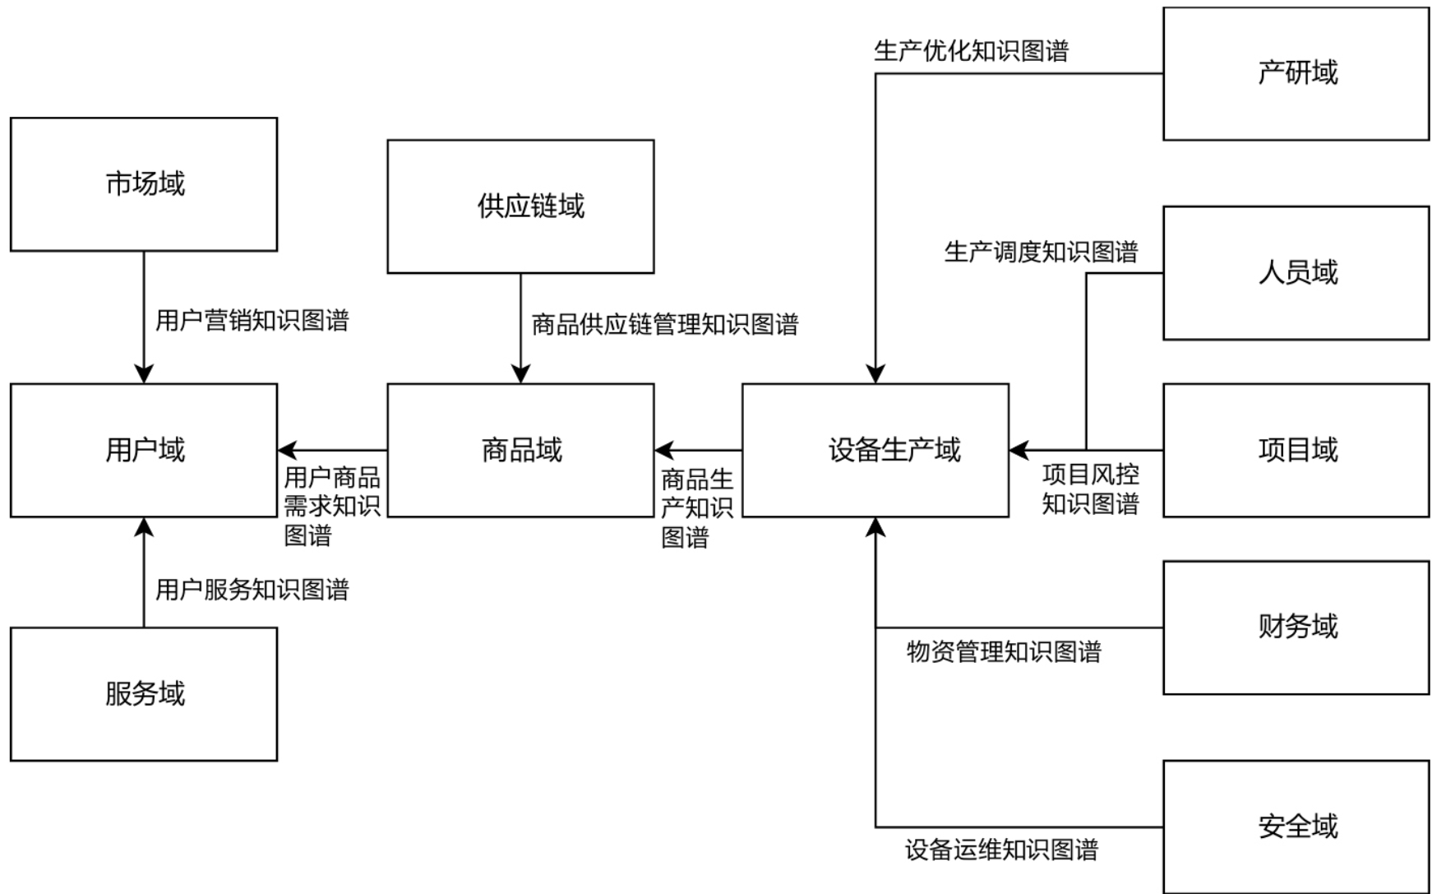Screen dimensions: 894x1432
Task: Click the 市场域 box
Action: [x=144, y=184]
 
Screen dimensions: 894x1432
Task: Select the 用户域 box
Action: [x=144, y=450]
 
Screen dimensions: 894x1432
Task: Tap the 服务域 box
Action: [x=144, y=694]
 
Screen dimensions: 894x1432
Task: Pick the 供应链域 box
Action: [x=520, y=206]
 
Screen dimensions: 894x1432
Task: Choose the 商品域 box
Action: [x=520, y=450]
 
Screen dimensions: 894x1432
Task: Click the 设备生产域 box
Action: [x=875, y=450]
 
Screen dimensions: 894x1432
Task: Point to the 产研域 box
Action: [x=1296, y=73]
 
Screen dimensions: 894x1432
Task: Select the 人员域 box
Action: [x=1296, y=272]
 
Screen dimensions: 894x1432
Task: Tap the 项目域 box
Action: [x=1296, y=450]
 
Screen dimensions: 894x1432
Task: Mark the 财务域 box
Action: [x=1296, y=628]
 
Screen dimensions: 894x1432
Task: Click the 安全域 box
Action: [x=1296, y=826]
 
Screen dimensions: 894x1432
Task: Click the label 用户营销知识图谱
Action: [x=252, y=320]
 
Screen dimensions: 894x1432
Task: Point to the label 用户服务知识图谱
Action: [x=252, y=590]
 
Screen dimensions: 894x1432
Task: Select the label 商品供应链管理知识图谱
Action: [x=665, y=324]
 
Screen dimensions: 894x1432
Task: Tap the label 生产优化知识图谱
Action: [x=972, y=51]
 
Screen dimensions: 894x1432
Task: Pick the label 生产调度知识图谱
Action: [x=1041, y=252]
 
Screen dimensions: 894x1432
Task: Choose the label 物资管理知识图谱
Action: [x=1004, y=652]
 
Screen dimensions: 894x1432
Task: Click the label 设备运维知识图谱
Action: [x=1002, y=850]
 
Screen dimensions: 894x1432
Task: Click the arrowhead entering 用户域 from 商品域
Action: [x=287, y=451]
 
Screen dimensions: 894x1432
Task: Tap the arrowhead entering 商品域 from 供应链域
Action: [x=520, y=374]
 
